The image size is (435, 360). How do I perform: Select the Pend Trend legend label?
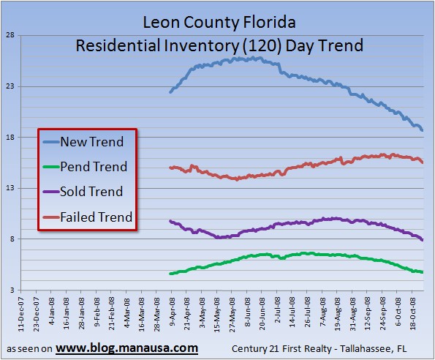[x=94, y=167]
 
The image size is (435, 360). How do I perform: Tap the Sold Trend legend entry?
[x=91, y=192]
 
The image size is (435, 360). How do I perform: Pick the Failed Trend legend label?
[x=97, y=217]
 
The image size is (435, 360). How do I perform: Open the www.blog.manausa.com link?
[x=126, y=347]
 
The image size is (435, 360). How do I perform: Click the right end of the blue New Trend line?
[x=422, y=130]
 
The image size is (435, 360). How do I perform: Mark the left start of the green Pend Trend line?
[x=170, y=274]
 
